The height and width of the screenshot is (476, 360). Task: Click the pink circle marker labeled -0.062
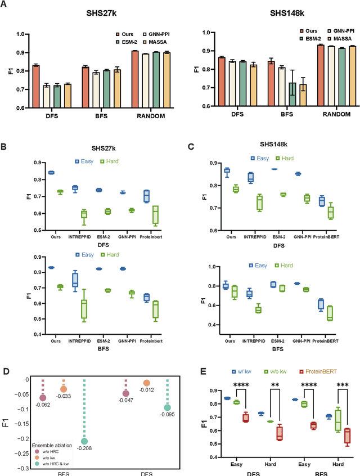tap(43, 398)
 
